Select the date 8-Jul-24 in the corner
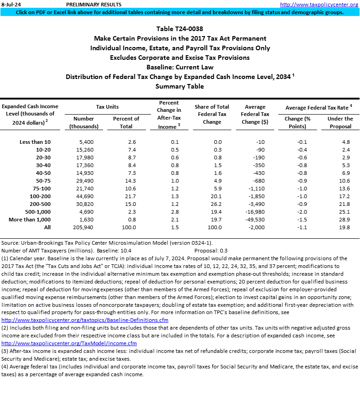coord(10,5)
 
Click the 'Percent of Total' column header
coord(125,122)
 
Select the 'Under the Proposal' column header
coord(340,122)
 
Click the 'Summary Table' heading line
coord(180,86)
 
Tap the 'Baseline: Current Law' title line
coord(180,67)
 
